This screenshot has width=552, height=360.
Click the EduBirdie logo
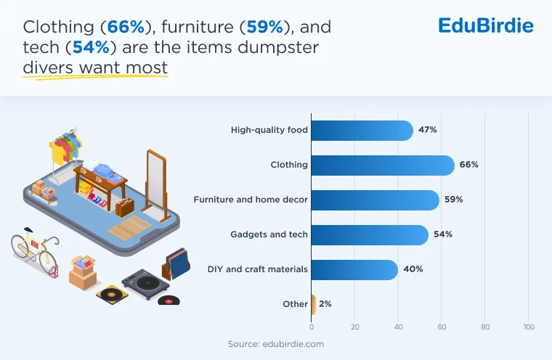coord(486,25)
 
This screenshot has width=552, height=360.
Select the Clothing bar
coord(383,165)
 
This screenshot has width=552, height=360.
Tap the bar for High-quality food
coord(362,130)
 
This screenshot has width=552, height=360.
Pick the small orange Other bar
coord(313,304)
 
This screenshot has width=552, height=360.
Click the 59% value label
coord(453,200)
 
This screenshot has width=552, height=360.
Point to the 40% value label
coord(413,269)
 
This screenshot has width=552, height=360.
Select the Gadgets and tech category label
coord(269,234)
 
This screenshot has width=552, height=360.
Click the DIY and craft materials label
coord(257,269)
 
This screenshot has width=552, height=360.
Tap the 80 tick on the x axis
coord(485,327)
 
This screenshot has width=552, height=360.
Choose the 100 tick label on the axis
coord(529,327)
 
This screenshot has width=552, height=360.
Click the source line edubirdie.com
coord(276,344)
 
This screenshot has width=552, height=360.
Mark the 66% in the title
coord(126,27)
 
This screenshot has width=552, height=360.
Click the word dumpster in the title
coord(278,46)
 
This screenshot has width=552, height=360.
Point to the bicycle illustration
coord(35,252)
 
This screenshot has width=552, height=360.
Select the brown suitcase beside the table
coord(125,208)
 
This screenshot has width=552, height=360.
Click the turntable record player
coord(145,284)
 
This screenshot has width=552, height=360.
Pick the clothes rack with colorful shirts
coord(65,151)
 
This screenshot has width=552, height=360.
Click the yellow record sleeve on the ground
coord(112,294)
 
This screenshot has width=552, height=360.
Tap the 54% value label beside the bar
coord(443,234)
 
